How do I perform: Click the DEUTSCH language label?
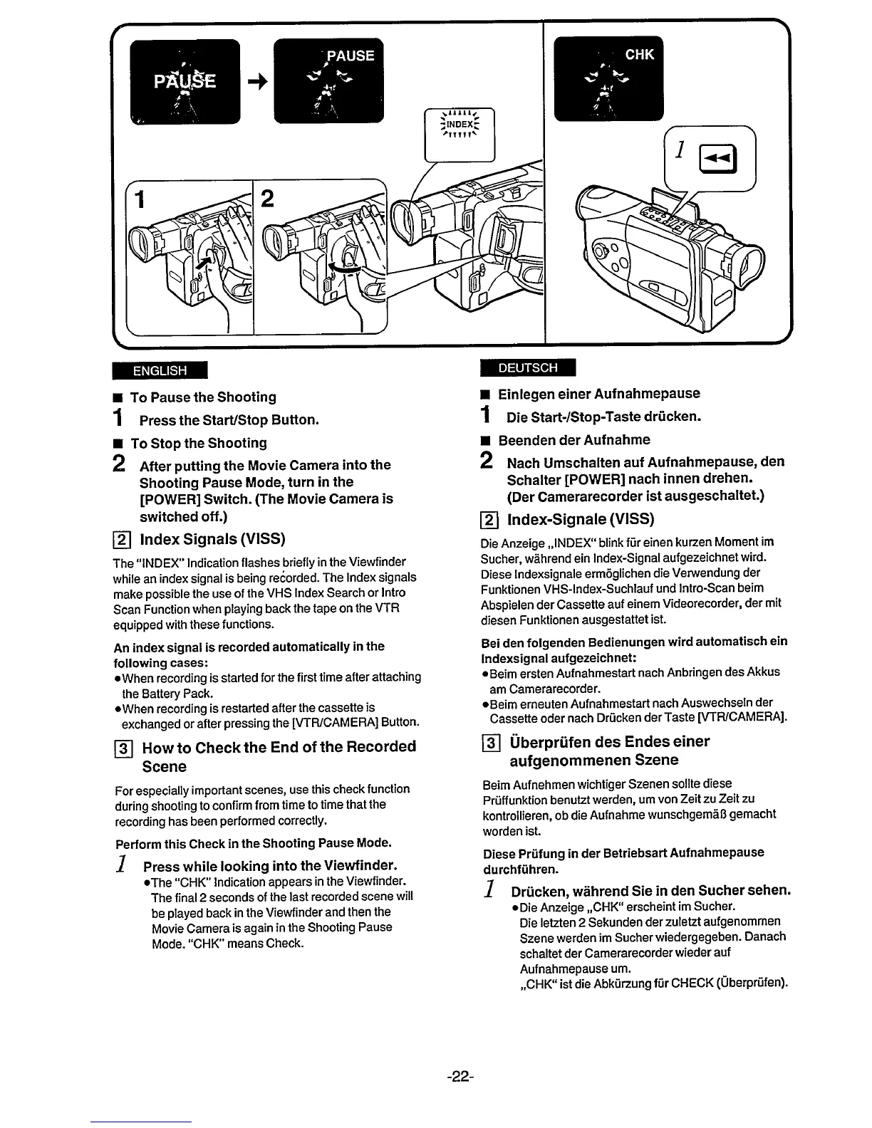(x=528, y=367)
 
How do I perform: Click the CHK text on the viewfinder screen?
(x=639, y=54)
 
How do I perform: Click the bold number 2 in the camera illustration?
(x=268, y=199)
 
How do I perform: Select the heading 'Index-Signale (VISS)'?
(x=580, y=518)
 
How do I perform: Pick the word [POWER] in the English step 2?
(x=169, y=499)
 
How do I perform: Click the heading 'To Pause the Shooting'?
(x=203, y=397)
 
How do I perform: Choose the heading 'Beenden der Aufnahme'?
(x=573, y=440)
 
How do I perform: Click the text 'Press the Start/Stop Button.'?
(x=229, y=419)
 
